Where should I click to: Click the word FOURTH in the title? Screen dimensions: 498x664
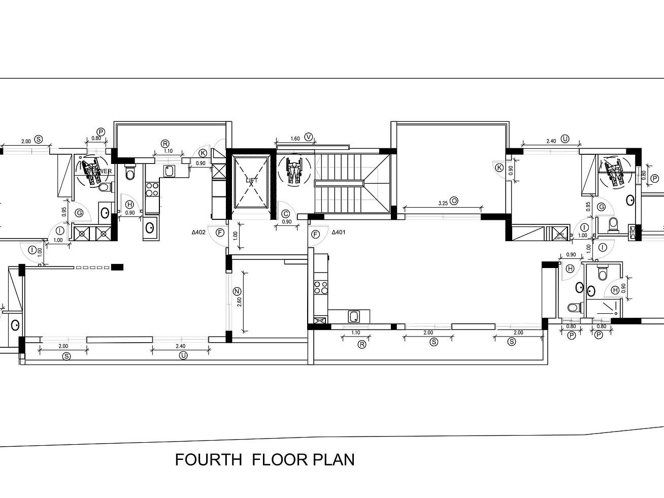click(208, 459)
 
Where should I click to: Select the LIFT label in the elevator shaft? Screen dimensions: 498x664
click(251, 180)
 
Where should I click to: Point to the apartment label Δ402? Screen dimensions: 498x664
click(198, 233)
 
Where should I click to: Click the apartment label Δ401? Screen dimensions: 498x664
click(339, 233)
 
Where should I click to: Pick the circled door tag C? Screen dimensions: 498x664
click(286, 214)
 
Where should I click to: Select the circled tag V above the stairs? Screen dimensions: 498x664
click(310, 137)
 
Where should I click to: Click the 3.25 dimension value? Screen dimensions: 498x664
click(443, 203)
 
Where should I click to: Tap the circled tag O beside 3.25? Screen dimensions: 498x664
click(454, 201)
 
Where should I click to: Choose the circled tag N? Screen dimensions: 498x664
click(237, 291)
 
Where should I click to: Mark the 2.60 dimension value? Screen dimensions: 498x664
click(239, 303)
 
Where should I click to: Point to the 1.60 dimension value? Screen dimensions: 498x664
click(295, 139)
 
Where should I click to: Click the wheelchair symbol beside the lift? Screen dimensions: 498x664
click(294, 170)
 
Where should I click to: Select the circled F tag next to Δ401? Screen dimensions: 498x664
click(316, 234)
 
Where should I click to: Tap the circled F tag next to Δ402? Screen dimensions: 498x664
click(220, 233)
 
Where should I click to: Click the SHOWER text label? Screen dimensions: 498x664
click(99, 172)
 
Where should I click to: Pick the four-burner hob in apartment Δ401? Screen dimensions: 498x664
click(320, 287)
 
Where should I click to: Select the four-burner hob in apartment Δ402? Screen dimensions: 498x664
click(151, 189)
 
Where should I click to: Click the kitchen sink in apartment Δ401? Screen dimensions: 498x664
click(354, 317)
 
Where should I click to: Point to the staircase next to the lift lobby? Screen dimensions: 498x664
click(350, 183)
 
